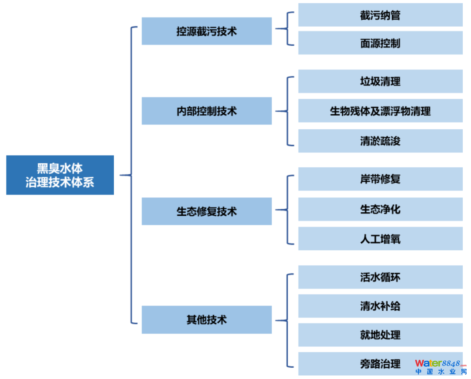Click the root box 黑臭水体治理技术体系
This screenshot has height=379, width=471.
tap(60, 175)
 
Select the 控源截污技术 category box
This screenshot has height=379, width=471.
tap(207, 31)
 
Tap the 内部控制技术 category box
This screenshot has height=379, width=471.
tap(207, 111)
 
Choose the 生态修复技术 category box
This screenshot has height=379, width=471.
tap(207, 211)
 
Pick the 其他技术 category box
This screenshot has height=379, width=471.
tap(207, 320)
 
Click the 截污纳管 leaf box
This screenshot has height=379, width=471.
tap(380, 15)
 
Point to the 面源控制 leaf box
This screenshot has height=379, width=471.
tap(380, 43)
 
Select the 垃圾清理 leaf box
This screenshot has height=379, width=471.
tap(380, 81)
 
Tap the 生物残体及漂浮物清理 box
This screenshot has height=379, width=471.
tap(380, 111)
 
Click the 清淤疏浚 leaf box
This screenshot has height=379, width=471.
tap(380, 141)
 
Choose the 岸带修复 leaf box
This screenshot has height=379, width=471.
tap(380, 179)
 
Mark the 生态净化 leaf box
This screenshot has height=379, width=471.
tap(380, 209)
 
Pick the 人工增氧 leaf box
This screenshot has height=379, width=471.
tap(380, 239)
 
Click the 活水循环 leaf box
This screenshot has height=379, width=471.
tap(380, 277)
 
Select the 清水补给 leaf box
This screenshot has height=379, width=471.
tap(380, 306)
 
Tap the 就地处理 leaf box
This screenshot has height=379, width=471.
tap(380, 335)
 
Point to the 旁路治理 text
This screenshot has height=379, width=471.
tap(380, 364)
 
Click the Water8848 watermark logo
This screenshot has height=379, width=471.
tap(441, 367)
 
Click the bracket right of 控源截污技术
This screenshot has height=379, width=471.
tap(287, 28)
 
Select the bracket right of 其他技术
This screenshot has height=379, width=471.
tap(287, 320)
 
